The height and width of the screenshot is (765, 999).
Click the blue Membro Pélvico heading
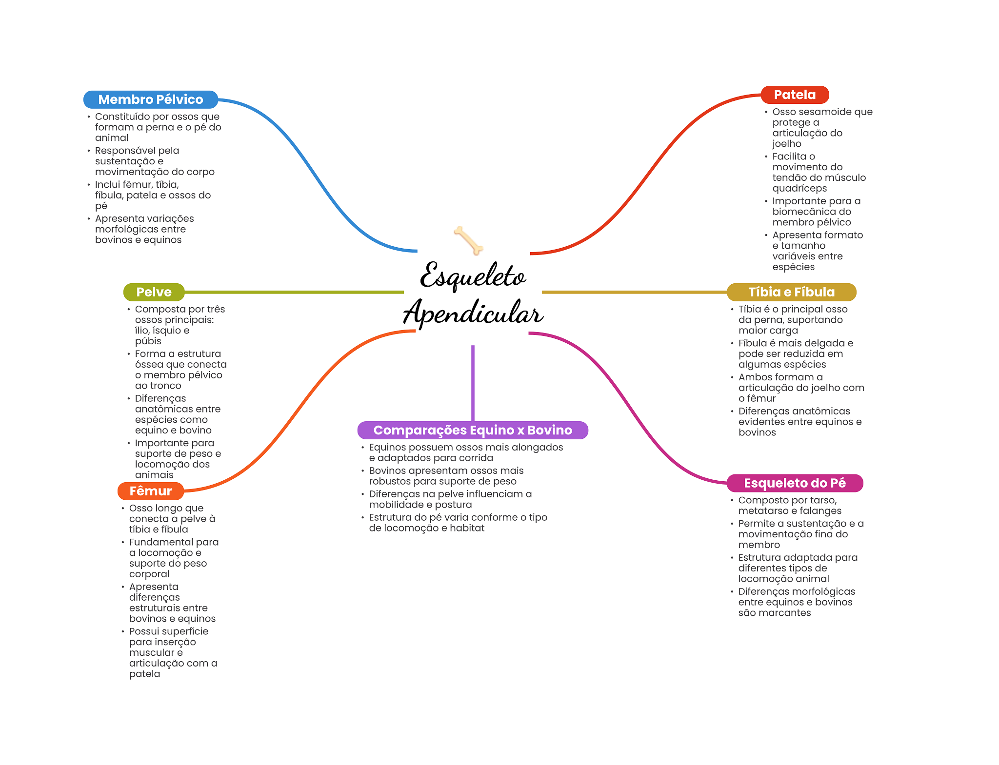coord(150,99)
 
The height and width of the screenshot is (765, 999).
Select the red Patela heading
coord(795,95)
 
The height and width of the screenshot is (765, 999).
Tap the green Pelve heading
coord(154,292)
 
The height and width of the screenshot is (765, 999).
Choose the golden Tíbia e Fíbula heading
coord(791,292)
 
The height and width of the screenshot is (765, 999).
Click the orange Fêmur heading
coord(150,491)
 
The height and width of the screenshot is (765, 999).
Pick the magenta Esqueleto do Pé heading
coord(795,483)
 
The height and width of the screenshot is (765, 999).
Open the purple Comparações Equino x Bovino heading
coord(472,430)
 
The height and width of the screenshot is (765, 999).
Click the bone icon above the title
coord(468,240)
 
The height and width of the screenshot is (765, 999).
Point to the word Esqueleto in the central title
coord(473,276)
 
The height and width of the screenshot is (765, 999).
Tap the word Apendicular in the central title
coord(473,313)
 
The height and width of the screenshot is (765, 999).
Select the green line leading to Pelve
coord(293,292)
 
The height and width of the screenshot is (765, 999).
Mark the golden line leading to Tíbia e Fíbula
coord(634,292)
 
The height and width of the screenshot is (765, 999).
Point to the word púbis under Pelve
coord(148,341)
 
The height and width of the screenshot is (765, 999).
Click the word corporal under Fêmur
coord(149,574)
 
